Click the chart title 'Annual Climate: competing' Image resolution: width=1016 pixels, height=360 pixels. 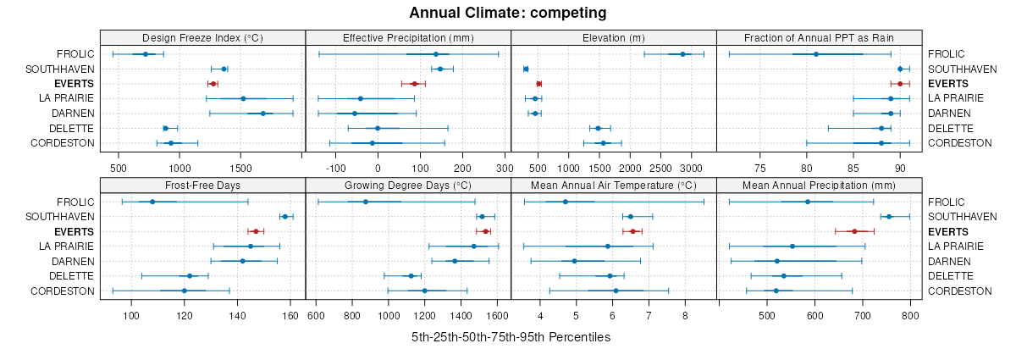pyautogui.click(x=507, y=13)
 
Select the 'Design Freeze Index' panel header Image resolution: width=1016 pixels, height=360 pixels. pyautogui.click(x=202, y=37)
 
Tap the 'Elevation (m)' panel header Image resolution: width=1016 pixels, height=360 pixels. pyautogui.click(x=614, y=37)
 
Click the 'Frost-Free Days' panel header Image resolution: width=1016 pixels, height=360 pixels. pyautogui.click(x=202, y=186)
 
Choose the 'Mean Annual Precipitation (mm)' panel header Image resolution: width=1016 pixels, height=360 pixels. pyautogui.click(x=819, y=186)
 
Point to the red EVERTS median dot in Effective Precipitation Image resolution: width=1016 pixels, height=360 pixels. pyautogui.click(x=414, y=84)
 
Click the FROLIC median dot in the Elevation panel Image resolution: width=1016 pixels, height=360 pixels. pyautogui.click(x=682, y=54)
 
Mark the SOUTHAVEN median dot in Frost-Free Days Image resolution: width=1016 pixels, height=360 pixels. pyautogui.click(x=284, y=217)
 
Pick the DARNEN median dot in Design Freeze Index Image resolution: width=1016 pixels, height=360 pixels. pyautogui.click(x=262, y=114)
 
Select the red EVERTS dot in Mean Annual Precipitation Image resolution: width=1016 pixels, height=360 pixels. pyautogui.click(x=854, y=231)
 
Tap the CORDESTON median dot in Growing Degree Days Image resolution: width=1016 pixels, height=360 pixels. pyautogui.click(x=424, y=291)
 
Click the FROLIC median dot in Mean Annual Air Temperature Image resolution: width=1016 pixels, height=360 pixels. pyautogui.click(x=566, y=202)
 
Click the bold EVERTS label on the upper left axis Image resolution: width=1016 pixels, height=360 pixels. pyautogui.click(x=74, y=84)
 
